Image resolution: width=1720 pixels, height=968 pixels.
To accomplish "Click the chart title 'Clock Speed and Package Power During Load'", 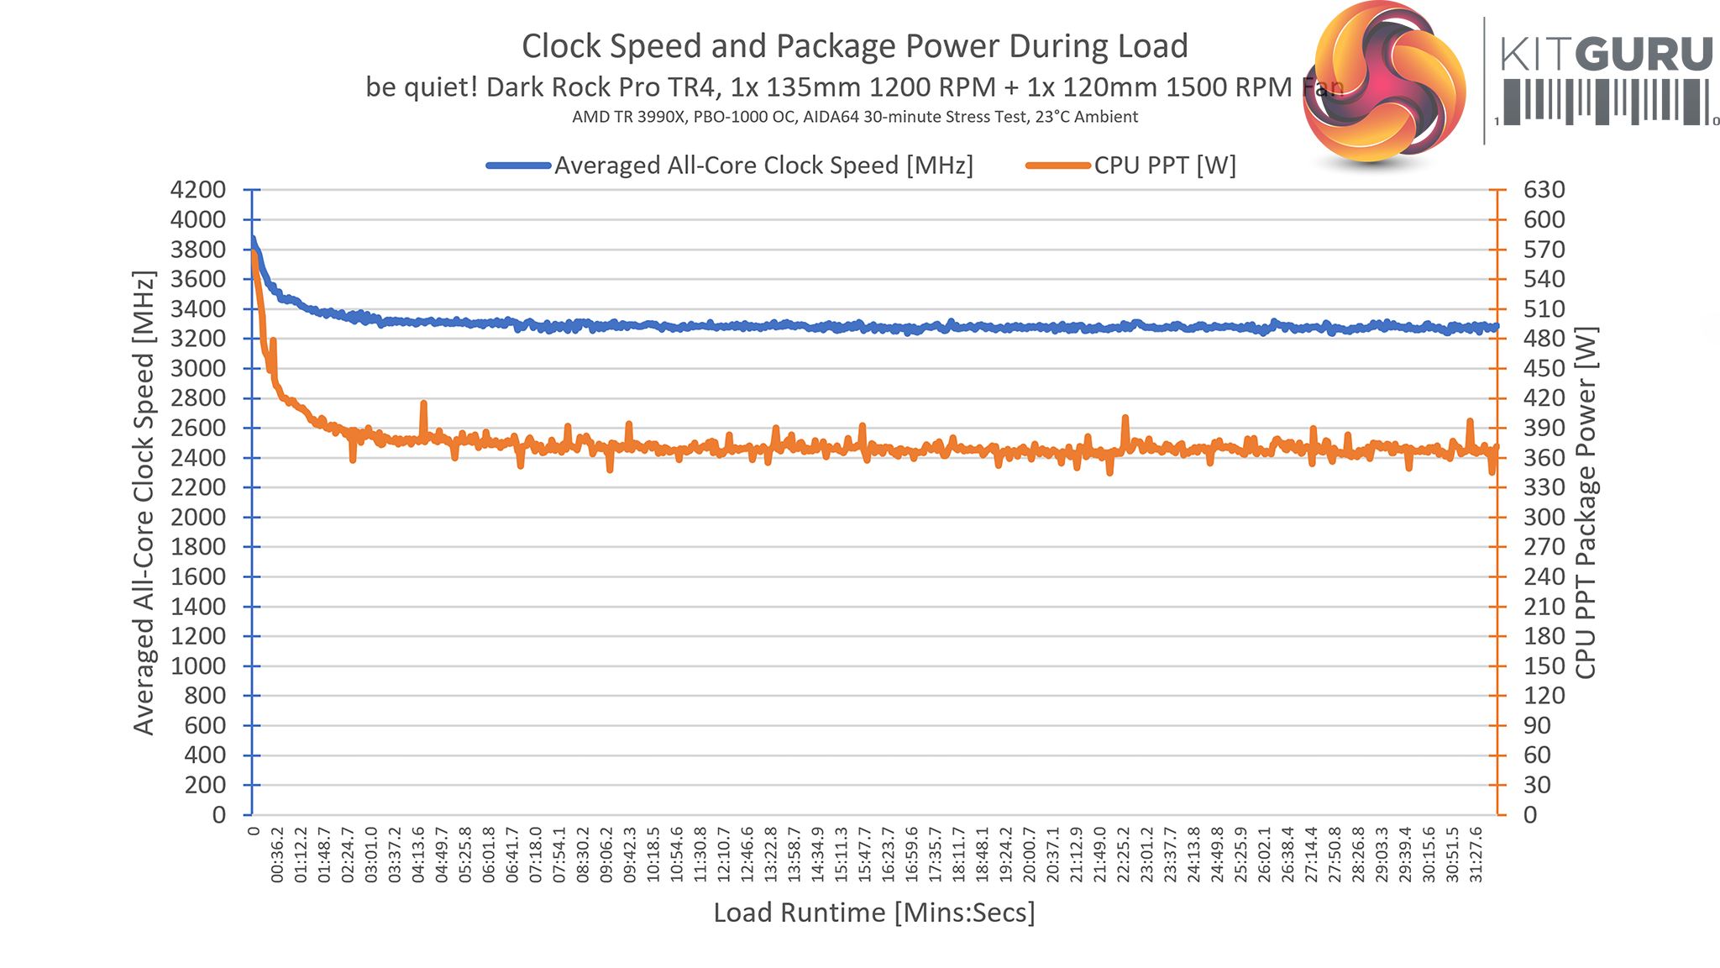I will pos(854,46).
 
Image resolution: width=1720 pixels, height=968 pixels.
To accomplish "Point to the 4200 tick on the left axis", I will pos(198,190).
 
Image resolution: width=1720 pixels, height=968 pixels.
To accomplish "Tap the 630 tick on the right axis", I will pos(1544,190).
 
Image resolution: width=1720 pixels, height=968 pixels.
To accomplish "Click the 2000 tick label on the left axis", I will pos(198,518).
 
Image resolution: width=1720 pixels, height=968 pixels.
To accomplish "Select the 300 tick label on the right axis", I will pos(1544,518).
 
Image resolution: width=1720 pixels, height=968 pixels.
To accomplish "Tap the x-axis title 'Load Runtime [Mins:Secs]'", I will pos(874,913).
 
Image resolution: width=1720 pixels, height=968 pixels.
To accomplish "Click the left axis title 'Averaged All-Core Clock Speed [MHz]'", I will pos(144,502).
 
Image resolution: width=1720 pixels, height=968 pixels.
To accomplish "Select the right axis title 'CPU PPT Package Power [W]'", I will pos(1586,502).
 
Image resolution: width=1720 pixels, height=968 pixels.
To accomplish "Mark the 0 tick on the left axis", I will pos(218,815).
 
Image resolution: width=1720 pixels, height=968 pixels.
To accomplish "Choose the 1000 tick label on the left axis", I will pos(198,666).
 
